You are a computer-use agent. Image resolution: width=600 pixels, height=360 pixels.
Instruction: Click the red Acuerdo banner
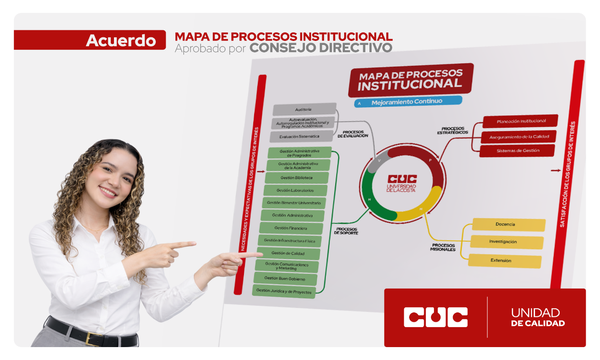click(90, 40)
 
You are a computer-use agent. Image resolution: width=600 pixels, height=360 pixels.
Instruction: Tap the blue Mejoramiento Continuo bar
click(408, 102)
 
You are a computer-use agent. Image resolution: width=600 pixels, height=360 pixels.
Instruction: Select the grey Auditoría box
click(304, 109)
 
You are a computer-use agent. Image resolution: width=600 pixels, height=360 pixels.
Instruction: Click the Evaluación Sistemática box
click(301, 137)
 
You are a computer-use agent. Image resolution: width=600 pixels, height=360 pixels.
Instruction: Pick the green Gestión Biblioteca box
click(296, 178)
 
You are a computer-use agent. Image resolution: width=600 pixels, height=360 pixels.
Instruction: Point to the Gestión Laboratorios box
click(295, 190)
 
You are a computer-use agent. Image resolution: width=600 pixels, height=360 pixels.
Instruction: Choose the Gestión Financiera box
click(291, 228)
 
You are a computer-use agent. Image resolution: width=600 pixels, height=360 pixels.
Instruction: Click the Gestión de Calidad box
click(288, 253)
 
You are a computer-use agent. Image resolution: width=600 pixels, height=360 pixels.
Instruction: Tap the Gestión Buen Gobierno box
click(285, 279)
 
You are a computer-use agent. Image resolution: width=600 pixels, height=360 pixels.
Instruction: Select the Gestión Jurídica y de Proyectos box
click(284, 291)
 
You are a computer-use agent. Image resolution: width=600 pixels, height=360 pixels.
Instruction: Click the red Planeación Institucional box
click(520, 121)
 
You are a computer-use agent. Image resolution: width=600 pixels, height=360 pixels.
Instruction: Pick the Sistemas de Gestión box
click(517, 150)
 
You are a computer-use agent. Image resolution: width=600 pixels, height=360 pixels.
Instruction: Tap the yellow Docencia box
click(509, 224)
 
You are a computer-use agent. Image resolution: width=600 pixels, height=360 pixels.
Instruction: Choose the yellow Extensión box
click(505, 261)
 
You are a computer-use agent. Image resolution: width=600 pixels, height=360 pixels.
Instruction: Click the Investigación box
click(507, 242)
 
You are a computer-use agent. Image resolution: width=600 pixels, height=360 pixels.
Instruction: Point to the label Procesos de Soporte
click(346, 231)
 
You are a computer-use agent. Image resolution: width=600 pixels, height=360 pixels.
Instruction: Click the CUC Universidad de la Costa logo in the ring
click(401, 183)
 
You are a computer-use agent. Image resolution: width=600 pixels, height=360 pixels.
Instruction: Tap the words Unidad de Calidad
click(538, 317)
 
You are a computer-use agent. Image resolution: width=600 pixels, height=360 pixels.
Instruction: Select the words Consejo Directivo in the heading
click(321, 48)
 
